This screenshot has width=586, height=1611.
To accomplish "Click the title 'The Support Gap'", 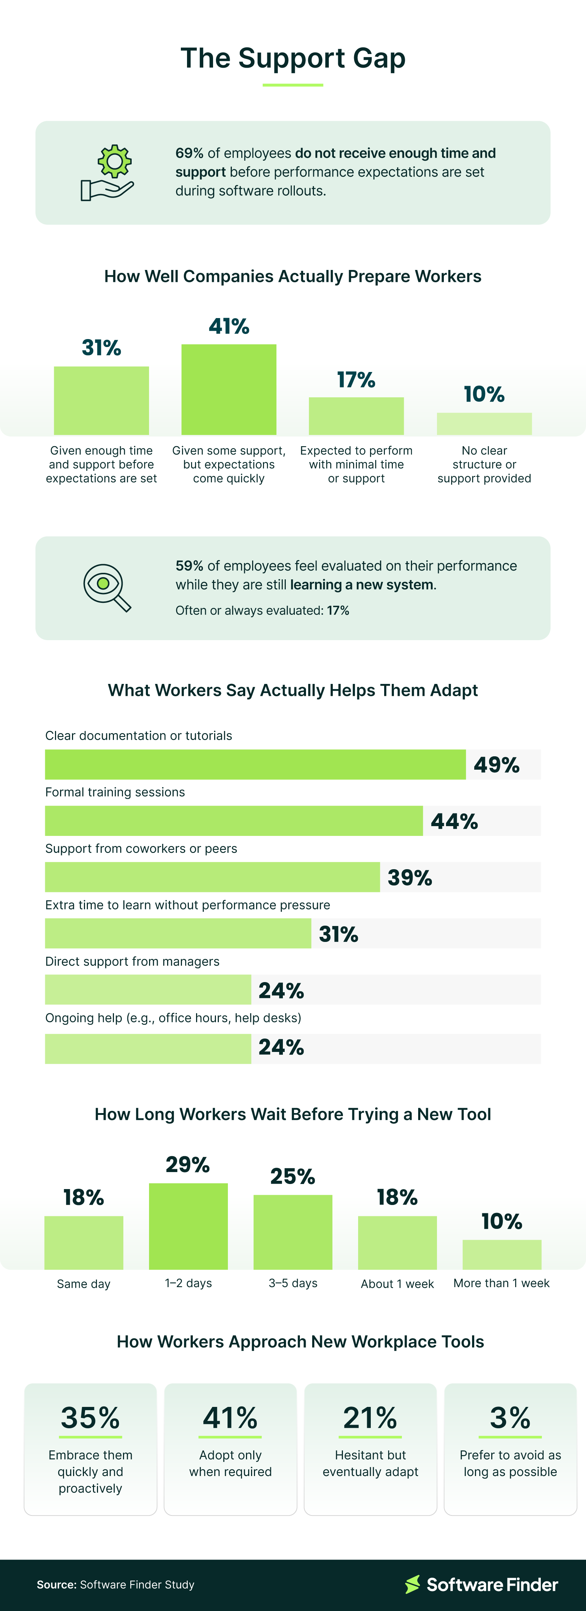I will point(293,58).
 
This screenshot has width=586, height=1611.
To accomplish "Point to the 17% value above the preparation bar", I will point(356,380).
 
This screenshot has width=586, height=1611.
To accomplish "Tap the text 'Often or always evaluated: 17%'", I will point(262,610).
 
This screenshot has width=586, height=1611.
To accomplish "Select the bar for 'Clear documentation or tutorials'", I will point(255,764).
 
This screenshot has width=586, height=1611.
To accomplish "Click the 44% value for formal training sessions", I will point(454,821).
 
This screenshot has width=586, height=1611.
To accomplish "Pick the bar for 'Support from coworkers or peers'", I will point(212,877).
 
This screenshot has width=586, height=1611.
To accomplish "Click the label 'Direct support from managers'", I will point(132,961).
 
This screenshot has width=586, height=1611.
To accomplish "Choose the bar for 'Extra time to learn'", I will point(178,933).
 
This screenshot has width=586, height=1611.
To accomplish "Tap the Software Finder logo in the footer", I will point(481,1584).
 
